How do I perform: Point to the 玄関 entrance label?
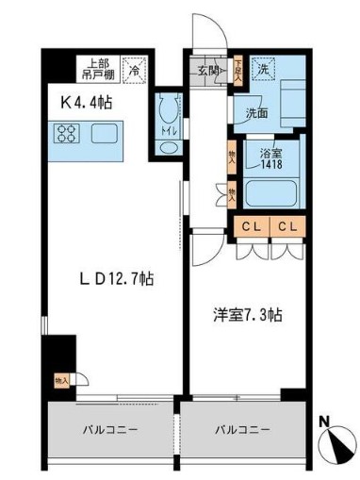[x=209, y=69]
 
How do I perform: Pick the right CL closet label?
[x=287, y=226]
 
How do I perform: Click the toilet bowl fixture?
[x=168, y=113]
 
